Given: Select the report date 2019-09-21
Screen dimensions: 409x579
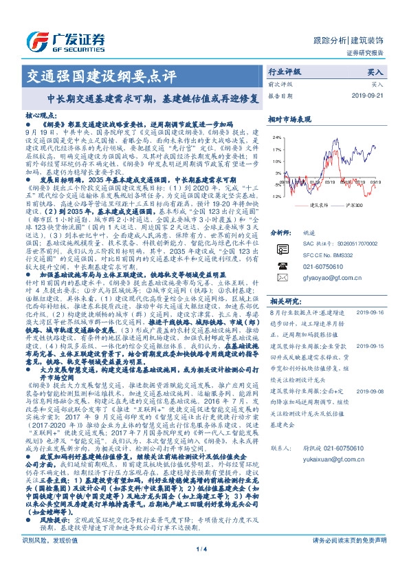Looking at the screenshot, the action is click(x=367, y=96).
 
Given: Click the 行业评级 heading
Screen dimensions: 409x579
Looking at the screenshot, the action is click(x=285, y=72).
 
